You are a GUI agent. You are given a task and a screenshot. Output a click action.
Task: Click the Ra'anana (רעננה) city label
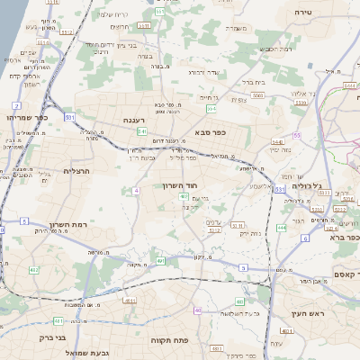139,119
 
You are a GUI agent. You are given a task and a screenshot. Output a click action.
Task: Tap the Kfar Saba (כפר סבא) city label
209,132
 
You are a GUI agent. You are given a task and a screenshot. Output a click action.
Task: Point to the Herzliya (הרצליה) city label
78,170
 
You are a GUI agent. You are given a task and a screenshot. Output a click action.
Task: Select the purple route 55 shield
296,135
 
